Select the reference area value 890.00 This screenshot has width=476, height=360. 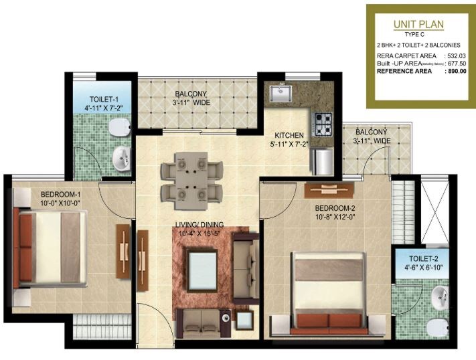pos(455,70)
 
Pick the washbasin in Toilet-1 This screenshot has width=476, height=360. pos(121,159)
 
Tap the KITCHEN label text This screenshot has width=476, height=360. pos(290,134)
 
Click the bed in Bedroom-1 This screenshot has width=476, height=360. pos(54,246)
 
